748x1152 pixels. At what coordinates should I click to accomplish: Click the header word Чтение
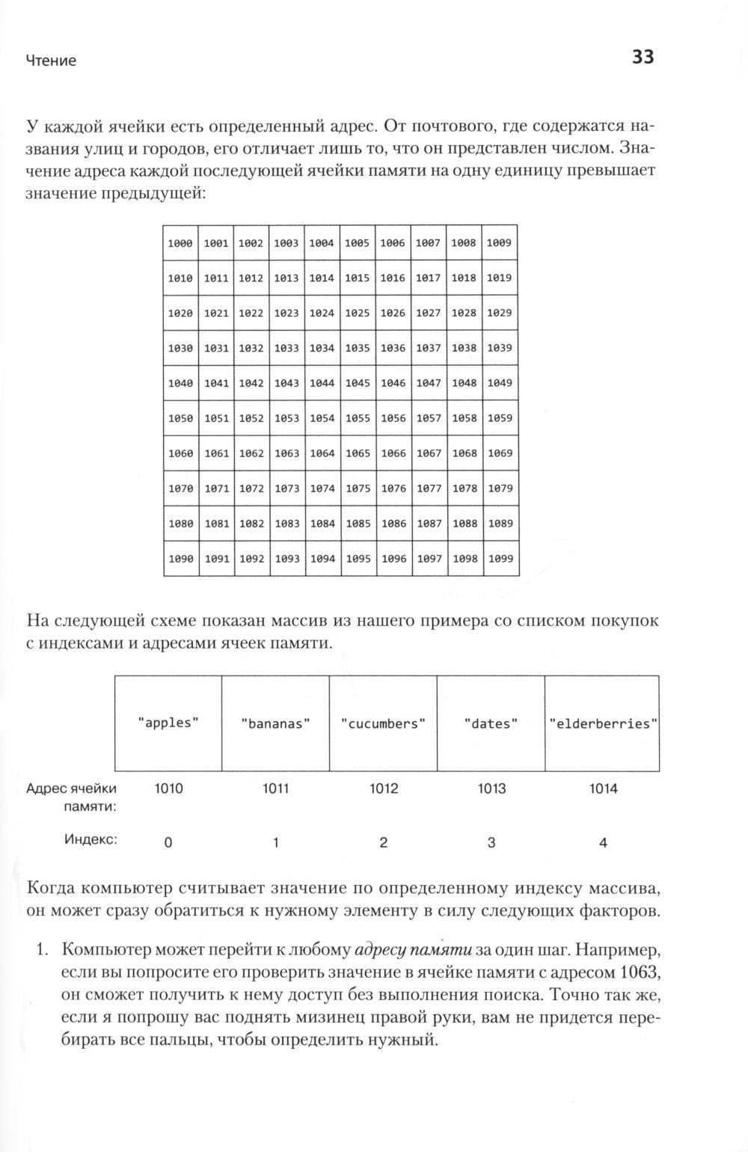click(x=51, y=61)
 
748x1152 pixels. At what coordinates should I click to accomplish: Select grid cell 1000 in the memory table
click(x=180, y=243)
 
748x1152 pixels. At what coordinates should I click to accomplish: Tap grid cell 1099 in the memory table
click(x=500, y=559)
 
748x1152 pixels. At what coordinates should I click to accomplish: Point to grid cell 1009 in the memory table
click(x=499, y=243)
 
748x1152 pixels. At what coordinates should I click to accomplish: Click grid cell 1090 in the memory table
click(x=180, y=559)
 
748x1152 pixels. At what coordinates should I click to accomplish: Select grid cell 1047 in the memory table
click(x=429, y=383)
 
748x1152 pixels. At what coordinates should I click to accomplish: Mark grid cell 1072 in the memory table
click(x=251, y=488)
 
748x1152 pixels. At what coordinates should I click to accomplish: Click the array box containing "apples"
click(x=168, y=723)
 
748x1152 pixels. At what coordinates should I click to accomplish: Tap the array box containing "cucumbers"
click(x=383, y=723)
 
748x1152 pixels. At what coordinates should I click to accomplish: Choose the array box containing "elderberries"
click(x=603, y=723)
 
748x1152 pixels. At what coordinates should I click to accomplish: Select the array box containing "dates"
click(x=491, y=723)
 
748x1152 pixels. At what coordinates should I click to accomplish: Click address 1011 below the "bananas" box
click(x=275, y=788)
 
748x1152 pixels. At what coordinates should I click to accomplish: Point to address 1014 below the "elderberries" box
click(x=603, y=788)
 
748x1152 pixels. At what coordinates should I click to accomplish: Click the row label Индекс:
click(x=91, y=839)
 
